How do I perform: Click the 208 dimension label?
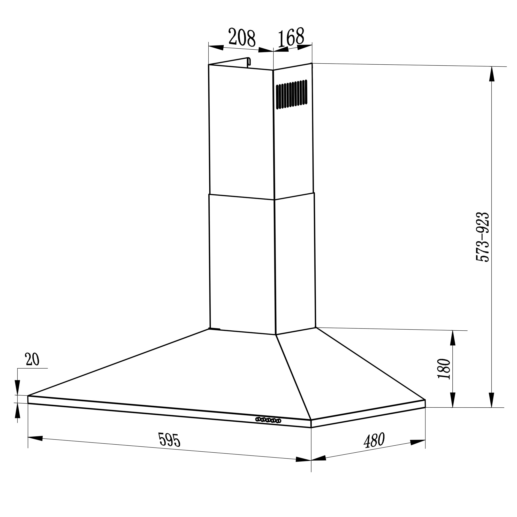tap(242, 38)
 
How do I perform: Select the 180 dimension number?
tap(444, 369)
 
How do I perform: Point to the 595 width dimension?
tap(169, 440)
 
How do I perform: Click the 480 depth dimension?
tap(374, 440)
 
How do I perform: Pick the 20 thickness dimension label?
tap(32, 359)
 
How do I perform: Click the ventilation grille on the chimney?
tap(292, 94)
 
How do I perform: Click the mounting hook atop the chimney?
tap(249, 61)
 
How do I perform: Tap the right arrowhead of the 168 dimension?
tap(305, 47)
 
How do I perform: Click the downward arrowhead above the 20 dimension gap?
tap(17, 387)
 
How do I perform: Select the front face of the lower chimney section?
tap(242, 264)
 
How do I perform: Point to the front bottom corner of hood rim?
tap(311, 424)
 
